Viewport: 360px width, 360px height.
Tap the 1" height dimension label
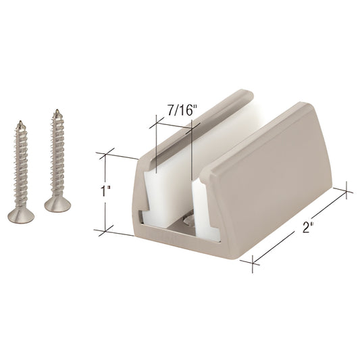click(x=104, y=192)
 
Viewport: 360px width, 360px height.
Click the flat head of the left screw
click(x=20, y=215)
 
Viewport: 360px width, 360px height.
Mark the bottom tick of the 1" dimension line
click(x=105, y=230)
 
